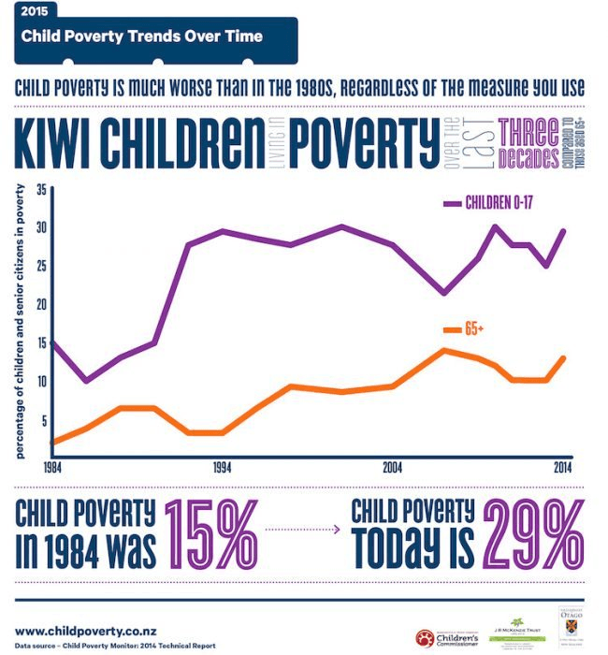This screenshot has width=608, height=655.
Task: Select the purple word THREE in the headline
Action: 528,132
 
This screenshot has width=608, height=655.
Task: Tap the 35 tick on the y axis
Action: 40,188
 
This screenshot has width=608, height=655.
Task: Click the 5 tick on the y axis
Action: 42,420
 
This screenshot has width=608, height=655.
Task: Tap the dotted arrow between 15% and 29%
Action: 302,530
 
